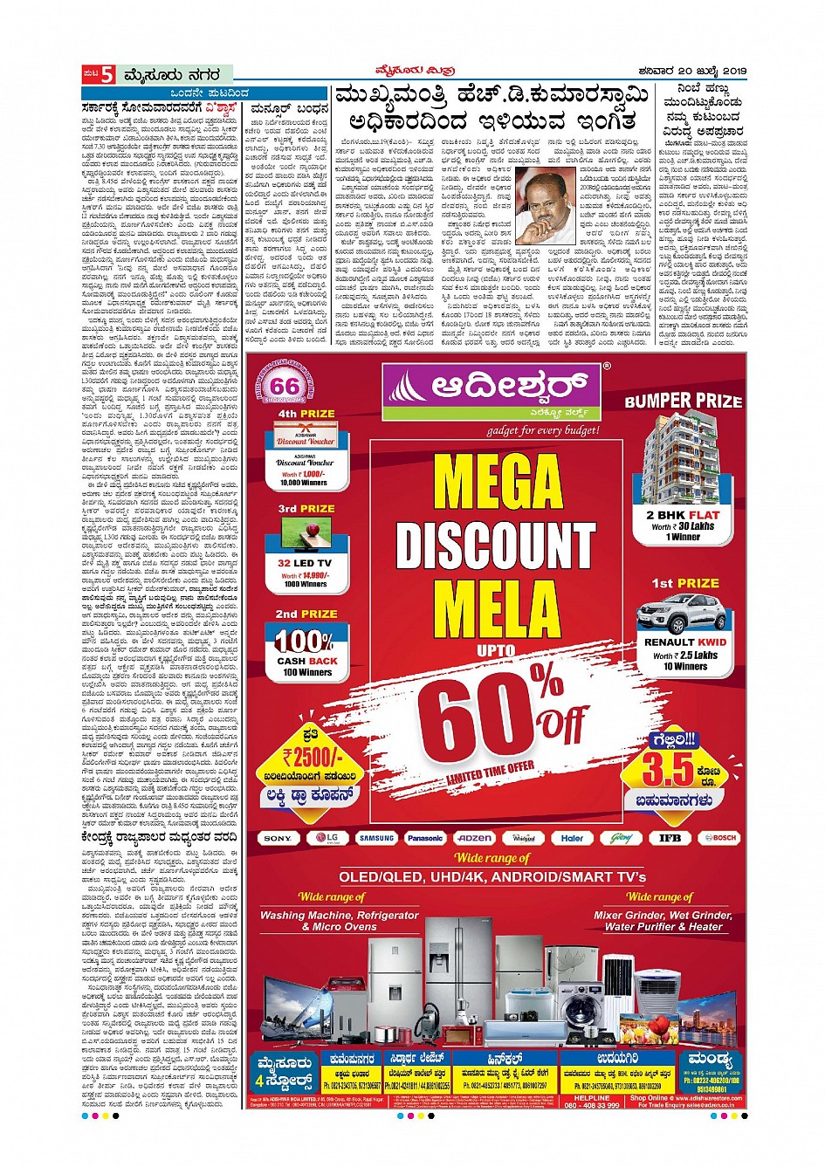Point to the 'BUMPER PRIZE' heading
[684, 401]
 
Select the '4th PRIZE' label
[306, 413]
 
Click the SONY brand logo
[278, 838]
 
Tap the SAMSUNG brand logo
[377, 838]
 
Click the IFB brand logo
[670, 838]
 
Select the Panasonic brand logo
[425, 838]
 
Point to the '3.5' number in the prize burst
[669, 770]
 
